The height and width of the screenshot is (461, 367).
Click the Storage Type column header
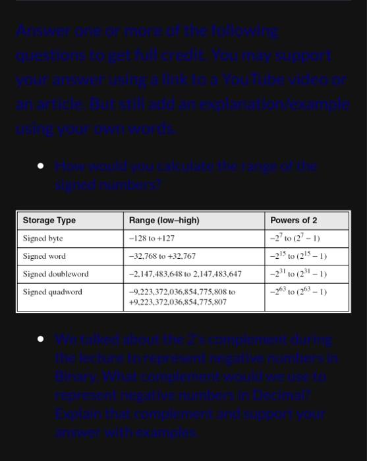pyautogui.click(x=49, y=220)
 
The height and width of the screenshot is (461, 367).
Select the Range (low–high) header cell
pyautogui.click(x=164, y=220)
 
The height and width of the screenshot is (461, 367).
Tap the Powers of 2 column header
pyautogui.click(x=293, y=220)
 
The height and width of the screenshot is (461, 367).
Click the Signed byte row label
pyautogui.click(x=43, y=238)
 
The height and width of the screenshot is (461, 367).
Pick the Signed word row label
pyautogui.click(x=44, y=256)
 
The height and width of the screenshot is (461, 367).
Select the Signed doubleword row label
pyautogui.click(x=55, y=273)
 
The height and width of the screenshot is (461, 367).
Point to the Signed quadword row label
pyautogui.click(x=53, y=291)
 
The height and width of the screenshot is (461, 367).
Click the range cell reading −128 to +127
pyautogui.click(x=152, y=238)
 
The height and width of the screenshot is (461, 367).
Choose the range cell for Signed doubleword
pyautogui.click(x=185, y=273)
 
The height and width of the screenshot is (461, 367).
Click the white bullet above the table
pyautogui.click(x=41, y=167)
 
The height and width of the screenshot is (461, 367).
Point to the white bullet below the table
pyautogui.click(x=41, y=339)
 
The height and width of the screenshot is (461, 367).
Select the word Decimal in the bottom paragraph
pyautogui.click(x=289, y=396)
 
